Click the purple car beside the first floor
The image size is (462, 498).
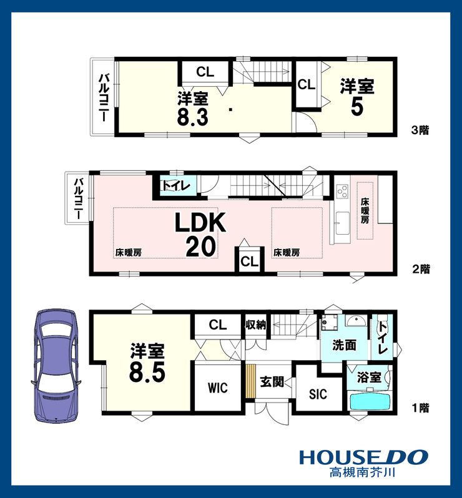pos(56,366)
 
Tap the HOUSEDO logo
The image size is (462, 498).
pos(363,457)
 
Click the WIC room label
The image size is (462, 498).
pos(218,388)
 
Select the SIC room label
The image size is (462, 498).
pos(318,394)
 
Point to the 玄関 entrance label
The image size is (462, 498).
pos(272,381)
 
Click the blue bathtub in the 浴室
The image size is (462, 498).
pos(370,402)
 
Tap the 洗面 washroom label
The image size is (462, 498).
pos(344,345)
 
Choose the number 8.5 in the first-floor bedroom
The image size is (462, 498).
pos(147,372)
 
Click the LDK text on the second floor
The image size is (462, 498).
pos(200,223)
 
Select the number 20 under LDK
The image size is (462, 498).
pos(201,247)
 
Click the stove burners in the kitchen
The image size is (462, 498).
pos(342,191)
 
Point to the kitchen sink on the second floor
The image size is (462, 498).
pos(342,223)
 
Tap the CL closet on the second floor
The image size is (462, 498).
pos(250,261)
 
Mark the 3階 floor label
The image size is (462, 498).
pos(420,130)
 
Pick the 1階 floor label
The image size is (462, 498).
pos(421,408)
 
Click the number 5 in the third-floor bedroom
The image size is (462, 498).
pos(357,107)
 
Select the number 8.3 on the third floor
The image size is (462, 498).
pos(192,117)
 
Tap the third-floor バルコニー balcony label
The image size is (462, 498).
pos(104,97)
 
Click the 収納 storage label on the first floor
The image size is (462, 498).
pos(255,325)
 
